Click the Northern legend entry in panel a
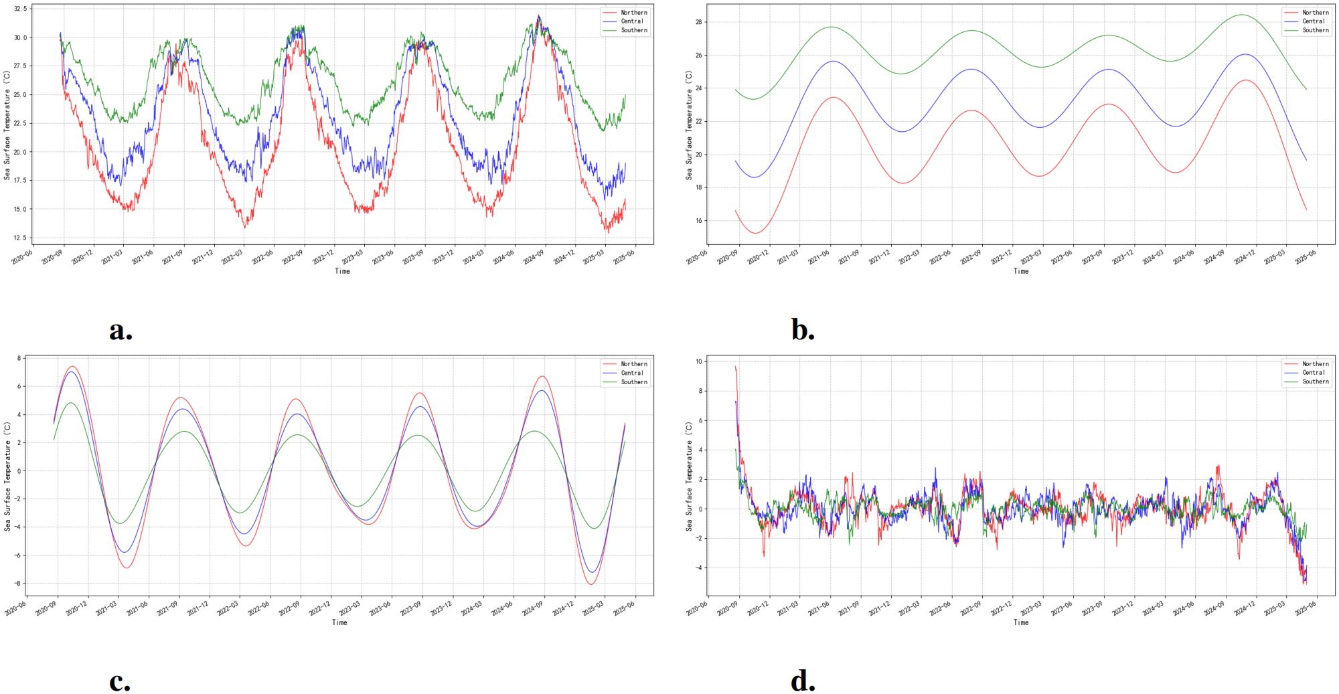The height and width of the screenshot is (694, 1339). pos(633,13)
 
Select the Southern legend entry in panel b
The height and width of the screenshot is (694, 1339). pos(1315,30)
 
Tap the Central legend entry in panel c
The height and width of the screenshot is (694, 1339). pos(631,373)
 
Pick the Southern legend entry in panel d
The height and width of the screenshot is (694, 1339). pos(1315,381)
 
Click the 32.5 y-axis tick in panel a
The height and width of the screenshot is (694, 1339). pos(20,9)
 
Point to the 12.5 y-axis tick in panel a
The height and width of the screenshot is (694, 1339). pos(20,238)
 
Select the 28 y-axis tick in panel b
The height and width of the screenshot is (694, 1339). pos(698,22)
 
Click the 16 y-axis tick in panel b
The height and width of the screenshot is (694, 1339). pos(698,221)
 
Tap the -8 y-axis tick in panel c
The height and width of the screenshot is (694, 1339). pos(18,584)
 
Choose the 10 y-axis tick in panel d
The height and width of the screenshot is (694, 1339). pos(698,361)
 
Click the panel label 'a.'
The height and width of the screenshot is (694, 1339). pos(121,330)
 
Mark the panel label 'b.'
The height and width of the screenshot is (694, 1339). pos(802,330)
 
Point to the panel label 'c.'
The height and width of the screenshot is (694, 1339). pos(120,681)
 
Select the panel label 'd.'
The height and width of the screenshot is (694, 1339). pos(802,681)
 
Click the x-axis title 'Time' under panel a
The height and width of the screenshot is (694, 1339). pos(342,271)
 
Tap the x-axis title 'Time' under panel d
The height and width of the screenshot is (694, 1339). pos(1021,622)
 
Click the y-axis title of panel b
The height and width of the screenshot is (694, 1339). pos(689,125)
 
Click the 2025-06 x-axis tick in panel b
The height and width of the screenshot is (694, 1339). pos(1306,257)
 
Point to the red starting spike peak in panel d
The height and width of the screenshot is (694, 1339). pos(735,366)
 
